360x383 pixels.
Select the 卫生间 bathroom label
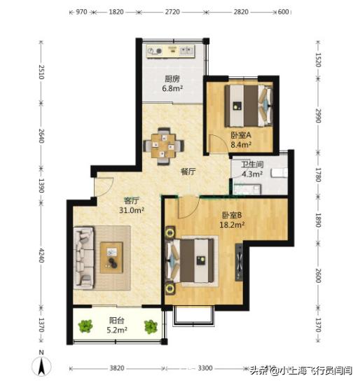pos(252,167)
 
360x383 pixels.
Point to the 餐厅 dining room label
pos(187,171)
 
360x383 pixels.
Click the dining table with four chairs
pos(165,145)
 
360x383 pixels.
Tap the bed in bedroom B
pos(194,263)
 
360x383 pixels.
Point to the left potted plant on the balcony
pos(85,326)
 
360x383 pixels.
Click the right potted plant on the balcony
pos(151,326)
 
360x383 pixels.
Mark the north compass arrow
pos(43,365)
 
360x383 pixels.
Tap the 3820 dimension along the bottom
pos(116,367)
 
